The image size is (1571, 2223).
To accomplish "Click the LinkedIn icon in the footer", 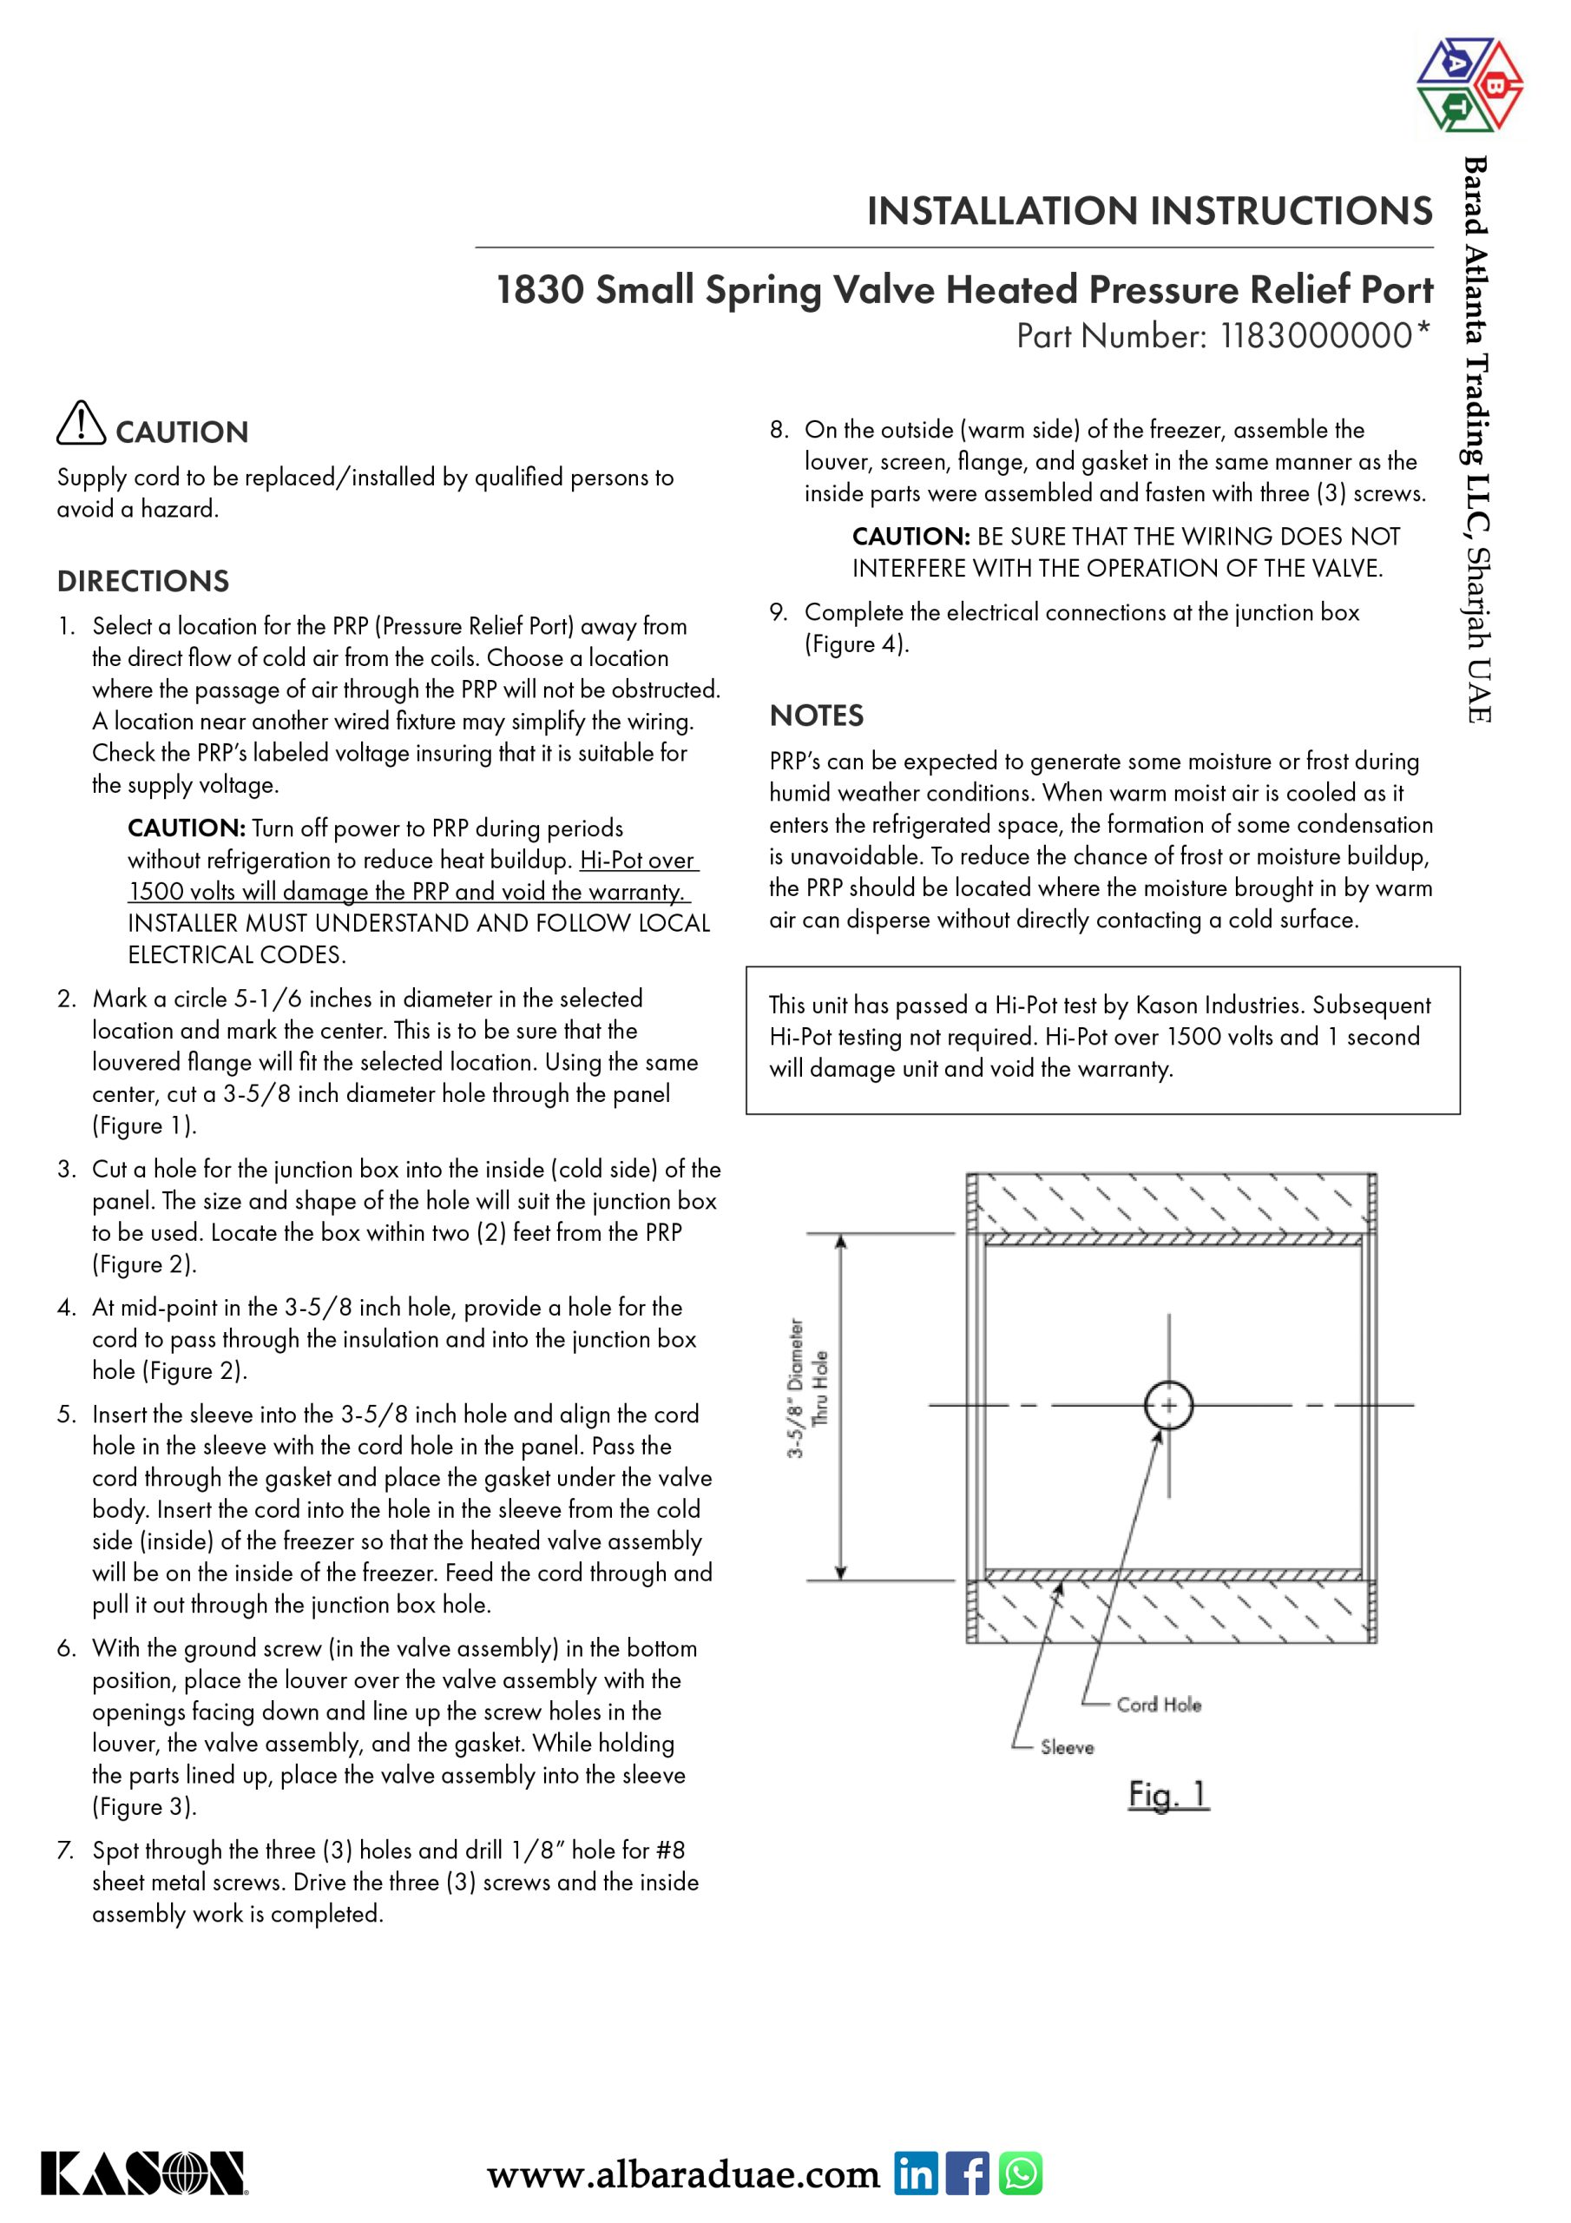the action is click(x=915, y=2174).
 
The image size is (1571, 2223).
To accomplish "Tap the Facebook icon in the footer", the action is click(x=967, y=2174).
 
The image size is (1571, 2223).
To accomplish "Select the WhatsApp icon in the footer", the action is click(x=1020, y=2174).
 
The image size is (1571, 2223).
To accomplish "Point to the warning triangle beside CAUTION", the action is click(x=82, y=423).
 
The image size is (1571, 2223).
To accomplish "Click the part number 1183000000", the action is click(x=1317, y=336).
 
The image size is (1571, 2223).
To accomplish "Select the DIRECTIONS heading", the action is click(x=143, y=581).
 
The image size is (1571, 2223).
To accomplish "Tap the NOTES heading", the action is click(x=816, y=716).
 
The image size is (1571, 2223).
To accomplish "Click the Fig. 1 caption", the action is click(x=1168, y=1794).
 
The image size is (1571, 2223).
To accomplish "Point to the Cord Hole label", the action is click(x=1159, y=1705).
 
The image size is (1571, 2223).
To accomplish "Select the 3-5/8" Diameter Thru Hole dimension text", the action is click(x=807, y=1389).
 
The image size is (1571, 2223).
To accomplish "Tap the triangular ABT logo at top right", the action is click(x=1469, y=84).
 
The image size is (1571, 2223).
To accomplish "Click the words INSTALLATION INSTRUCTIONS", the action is click(x=1149, y=210).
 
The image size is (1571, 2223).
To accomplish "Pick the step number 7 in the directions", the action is click(x=66, y=1850).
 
